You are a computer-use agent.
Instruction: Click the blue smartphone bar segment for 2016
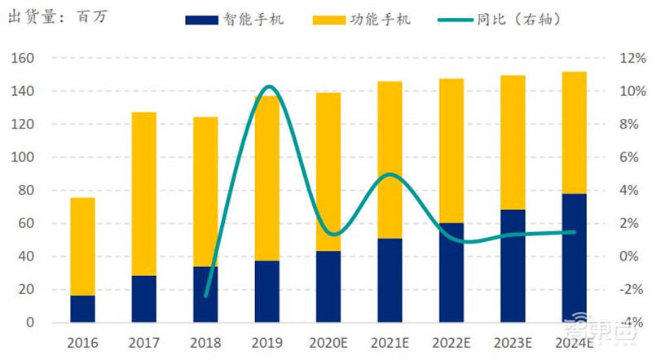tap(82, 309)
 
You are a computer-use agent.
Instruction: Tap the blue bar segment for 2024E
tap(574, 258)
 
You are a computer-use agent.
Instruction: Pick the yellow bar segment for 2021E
tap(390, 160)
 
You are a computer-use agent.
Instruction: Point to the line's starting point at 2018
tap(205, 296)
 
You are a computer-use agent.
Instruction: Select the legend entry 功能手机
tap(362, 19)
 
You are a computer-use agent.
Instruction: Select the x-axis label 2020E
tap(328, 343)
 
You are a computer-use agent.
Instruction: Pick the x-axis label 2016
tap(82, 343)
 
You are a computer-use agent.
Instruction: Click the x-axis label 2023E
tap(513, 343)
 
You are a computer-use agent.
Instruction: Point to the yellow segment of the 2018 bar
tap(205, 191)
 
